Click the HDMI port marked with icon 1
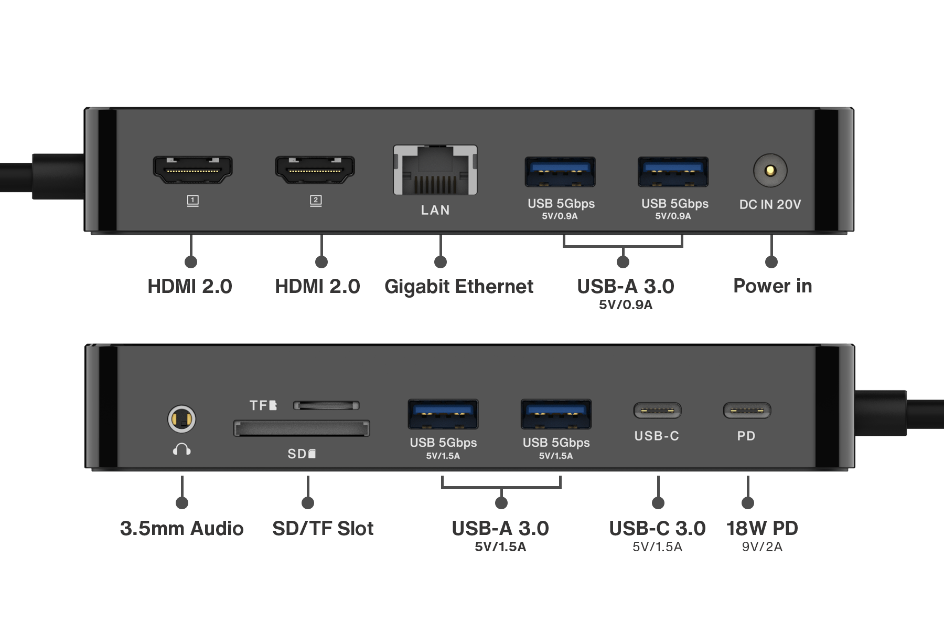point(192,170)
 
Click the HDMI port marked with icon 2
point(315,170)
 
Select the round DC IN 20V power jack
point(770,170)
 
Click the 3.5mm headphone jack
point(181,419)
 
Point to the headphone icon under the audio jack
point(181,449)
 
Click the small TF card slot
point(326,405)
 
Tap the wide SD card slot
point(302,428)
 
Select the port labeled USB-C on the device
point(657,411)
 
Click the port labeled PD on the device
point(747,411)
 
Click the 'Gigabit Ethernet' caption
point(458,287)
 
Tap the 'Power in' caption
point(773,286)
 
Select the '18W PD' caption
point(761,528)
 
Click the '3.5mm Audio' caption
point(181,528)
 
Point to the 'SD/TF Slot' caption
point(323,528)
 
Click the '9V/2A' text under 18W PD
point(761,547)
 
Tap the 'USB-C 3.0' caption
point(657,528)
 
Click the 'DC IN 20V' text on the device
point(770,204)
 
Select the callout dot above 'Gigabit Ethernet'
point(441,262)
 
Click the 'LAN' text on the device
point(435,210)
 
